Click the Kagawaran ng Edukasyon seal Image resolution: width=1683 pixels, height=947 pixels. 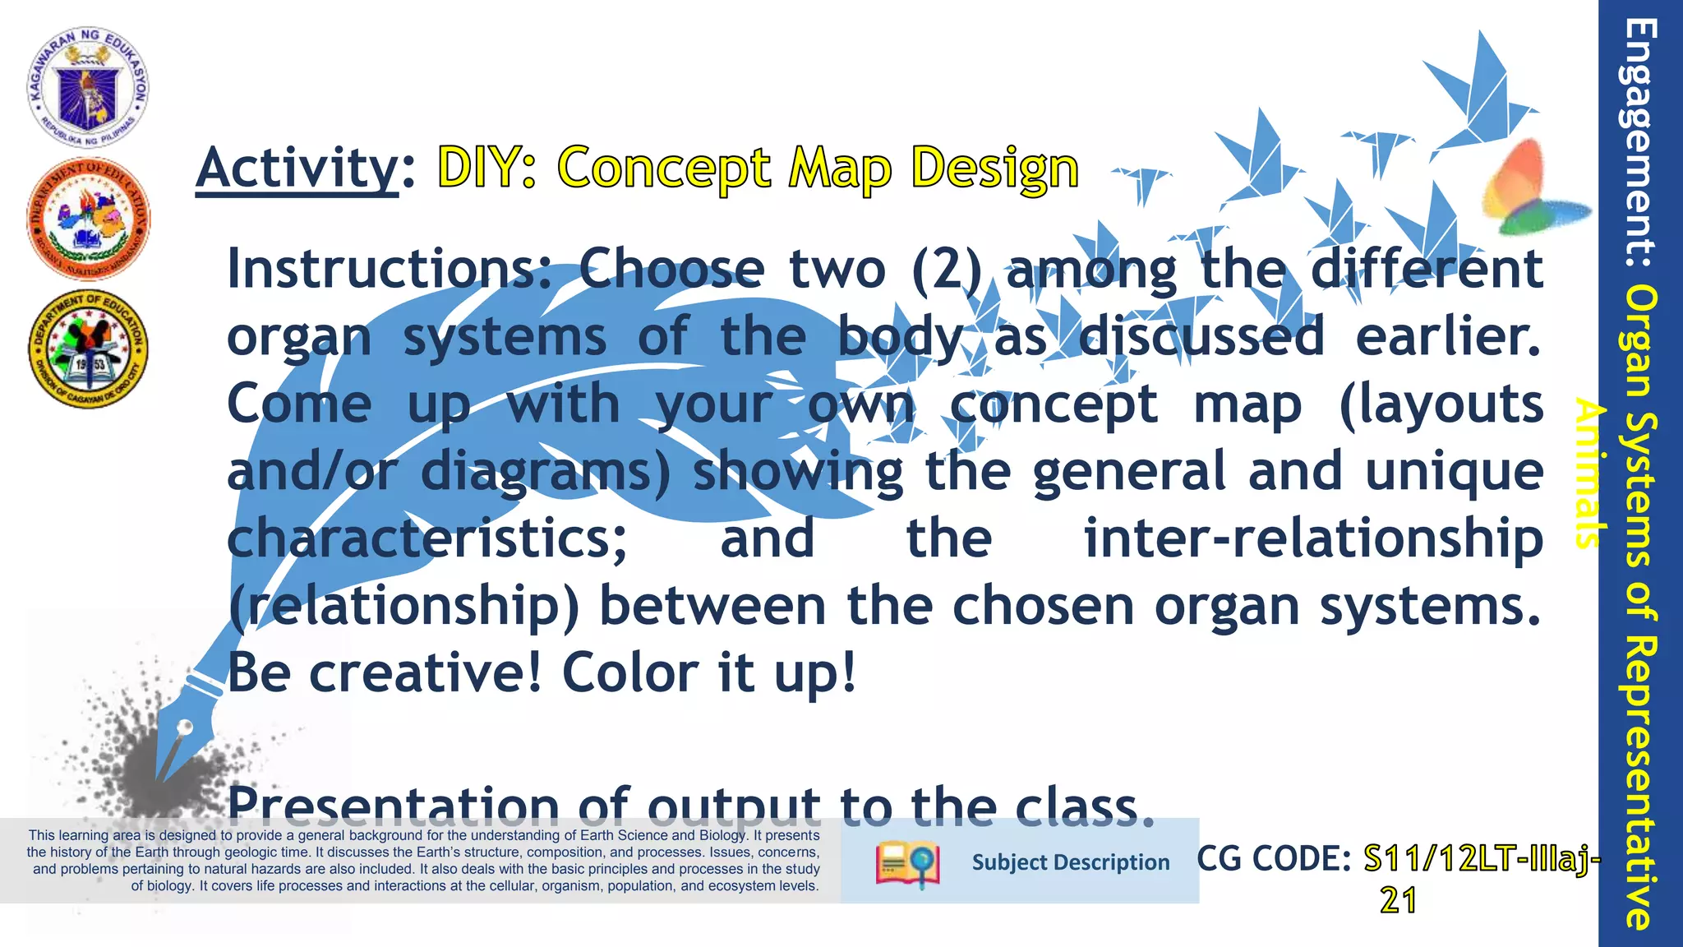88,86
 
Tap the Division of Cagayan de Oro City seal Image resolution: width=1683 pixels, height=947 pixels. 88,349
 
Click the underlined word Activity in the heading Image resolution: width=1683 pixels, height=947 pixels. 297,168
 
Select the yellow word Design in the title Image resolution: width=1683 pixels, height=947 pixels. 994,168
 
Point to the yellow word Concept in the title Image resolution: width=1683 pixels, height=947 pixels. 664,168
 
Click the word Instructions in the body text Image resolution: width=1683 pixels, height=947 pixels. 390,269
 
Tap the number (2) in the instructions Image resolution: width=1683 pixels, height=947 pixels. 948,269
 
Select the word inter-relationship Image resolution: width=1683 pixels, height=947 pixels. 1312,538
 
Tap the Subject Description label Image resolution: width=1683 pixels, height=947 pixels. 1070,862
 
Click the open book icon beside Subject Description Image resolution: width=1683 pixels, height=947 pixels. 907,863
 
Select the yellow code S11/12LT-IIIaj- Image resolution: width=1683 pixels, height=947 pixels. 1482,859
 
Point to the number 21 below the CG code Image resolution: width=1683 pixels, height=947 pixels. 1398,901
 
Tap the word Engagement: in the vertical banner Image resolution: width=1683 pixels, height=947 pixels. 1640,144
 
